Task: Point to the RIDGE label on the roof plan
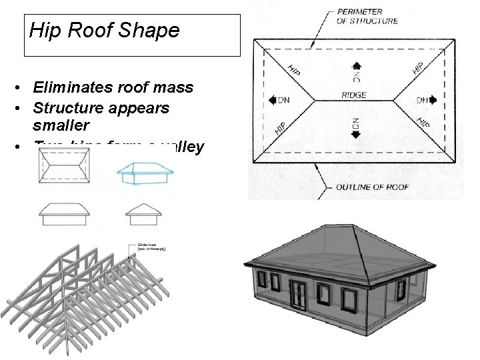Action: [x=353, y=95]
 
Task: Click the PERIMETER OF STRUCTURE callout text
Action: [x=367, y=17]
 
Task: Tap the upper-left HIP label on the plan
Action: [x=293, y=69]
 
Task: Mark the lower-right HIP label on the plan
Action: [x=423, y=123]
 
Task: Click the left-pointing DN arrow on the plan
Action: [x=274, y=100]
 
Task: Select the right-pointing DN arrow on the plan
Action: [x=432, y=100]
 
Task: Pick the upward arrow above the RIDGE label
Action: [x=357, y=66]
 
